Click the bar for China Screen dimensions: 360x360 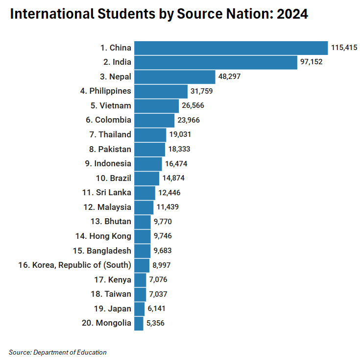231,48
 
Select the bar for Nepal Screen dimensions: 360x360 175,77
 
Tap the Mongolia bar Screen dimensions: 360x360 139,323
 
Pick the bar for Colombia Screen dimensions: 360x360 154,120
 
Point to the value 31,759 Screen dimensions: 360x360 202,91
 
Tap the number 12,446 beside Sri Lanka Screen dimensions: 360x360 169,193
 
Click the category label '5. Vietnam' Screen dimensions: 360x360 111,105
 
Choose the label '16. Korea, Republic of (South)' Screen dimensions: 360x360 74,265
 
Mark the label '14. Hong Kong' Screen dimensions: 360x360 103,236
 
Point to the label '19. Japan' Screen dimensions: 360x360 113,309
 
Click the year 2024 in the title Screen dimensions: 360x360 292,14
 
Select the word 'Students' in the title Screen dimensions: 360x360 124,14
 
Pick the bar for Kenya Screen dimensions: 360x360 140,280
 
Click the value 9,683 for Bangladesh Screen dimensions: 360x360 163,251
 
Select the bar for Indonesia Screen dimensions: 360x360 148,164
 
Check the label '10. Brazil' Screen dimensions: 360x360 114,178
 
